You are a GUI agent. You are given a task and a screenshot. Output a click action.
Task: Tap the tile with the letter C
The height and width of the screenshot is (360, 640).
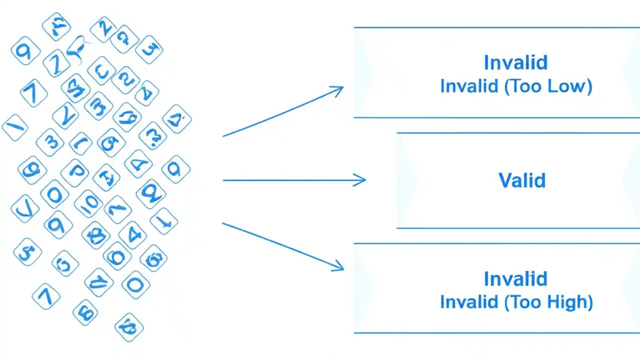102,71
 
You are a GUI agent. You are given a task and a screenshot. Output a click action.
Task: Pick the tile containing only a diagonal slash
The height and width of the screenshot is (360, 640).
15,127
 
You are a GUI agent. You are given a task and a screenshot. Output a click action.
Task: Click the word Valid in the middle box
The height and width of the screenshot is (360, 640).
522,180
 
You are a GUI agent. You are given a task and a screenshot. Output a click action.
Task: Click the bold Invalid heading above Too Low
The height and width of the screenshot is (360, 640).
515,62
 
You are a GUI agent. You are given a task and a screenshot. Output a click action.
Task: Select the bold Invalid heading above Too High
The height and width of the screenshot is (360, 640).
515,278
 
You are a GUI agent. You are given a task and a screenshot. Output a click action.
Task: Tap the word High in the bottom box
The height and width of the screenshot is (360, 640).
566,302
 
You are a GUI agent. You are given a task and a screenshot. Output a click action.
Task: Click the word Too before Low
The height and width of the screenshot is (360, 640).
525,86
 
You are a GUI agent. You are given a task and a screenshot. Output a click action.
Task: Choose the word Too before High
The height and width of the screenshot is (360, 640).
525,302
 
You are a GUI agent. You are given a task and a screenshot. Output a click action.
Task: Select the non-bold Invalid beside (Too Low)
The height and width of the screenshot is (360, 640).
469,86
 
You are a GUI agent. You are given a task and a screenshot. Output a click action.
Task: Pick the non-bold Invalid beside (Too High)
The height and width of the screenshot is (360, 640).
469,302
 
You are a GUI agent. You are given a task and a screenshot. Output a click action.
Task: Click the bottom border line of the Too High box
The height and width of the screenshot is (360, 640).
495,332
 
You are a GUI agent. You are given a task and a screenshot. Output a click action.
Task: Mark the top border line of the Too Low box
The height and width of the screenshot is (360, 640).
495,27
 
